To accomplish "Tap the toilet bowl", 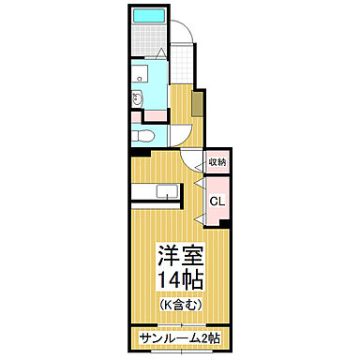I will [x=141, y=135].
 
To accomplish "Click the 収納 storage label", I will [x=216, y=160].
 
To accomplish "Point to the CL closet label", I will [x=216, y=201].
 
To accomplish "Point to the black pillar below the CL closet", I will [x=226, y=222].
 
